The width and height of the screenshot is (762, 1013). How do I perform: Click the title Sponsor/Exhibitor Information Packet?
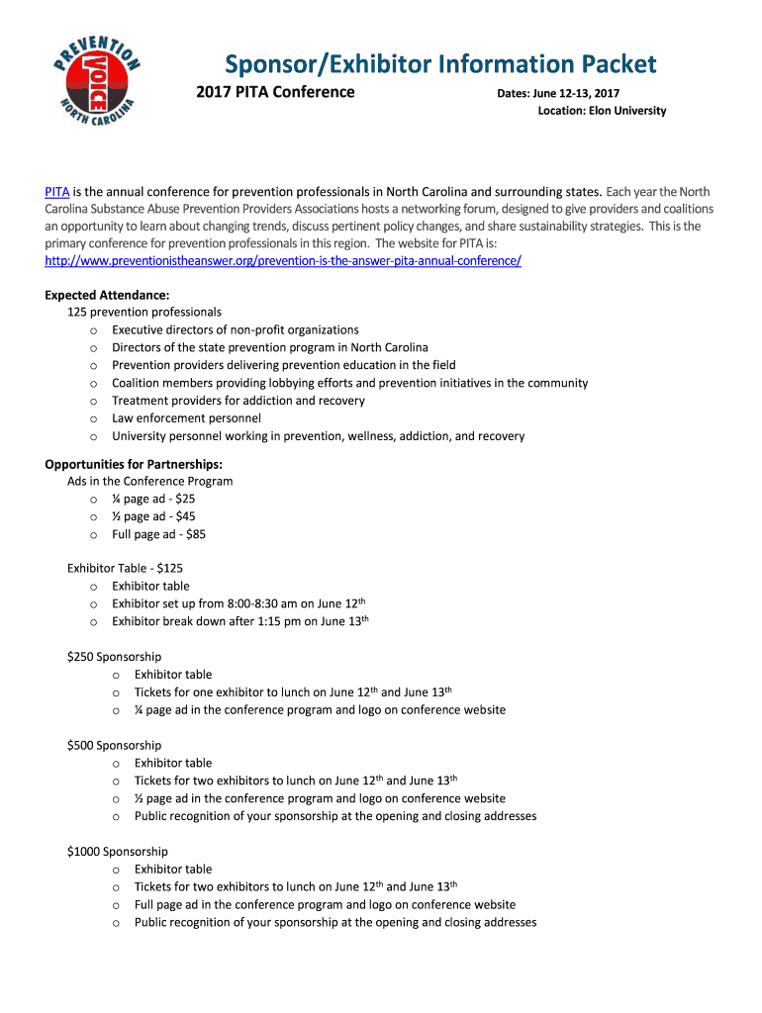440,64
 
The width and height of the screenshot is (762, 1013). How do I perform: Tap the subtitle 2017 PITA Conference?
276,92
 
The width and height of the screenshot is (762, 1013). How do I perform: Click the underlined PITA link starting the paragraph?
56,191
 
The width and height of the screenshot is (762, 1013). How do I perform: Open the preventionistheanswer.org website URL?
283,260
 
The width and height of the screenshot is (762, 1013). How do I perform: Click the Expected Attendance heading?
108,295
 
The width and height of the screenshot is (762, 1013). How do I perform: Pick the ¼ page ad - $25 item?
152,500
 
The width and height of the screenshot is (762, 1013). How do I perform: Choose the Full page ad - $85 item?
158,534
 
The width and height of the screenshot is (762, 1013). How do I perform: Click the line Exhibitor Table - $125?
125,568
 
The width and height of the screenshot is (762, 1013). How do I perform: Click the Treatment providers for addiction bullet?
238,401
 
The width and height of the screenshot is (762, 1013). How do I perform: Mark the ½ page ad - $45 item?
153,516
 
